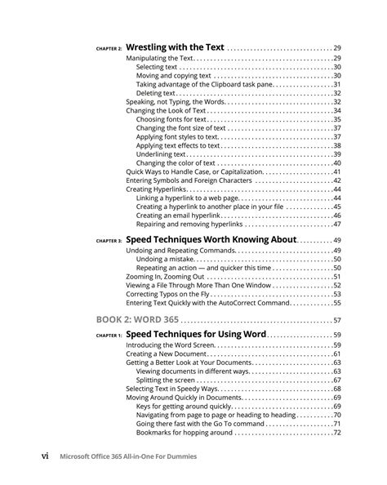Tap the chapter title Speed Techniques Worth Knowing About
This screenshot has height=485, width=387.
pyautogui.click(x=211, y=240)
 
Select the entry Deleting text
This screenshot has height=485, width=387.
pyautogui.click(x=155, y=93)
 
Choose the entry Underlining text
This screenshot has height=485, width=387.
pyautogui.click(x=162, y=154)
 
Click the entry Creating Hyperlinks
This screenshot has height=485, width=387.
pyautogui.click(x=156, y=189)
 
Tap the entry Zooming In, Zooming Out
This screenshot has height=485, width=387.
pyautogui.click(x=166, y=277)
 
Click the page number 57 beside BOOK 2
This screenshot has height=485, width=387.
pyautogui.click(x=336, y=320)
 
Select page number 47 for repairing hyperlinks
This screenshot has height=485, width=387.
pyautogui.click(x=336, y=224)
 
